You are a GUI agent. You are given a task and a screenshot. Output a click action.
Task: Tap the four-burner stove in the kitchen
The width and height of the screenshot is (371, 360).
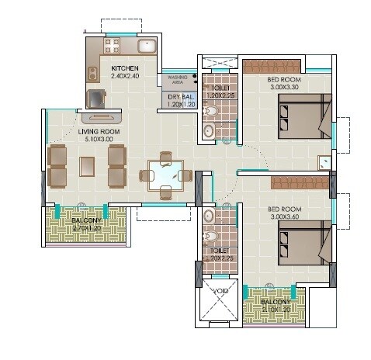click(94, 75)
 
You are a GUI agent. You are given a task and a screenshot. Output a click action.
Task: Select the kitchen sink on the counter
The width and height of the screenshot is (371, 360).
click(144, 46)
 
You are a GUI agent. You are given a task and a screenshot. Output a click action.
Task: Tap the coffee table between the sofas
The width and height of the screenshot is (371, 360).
click(87, 167)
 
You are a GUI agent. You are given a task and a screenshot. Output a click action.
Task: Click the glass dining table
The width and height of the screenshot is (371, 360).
click(164, 174)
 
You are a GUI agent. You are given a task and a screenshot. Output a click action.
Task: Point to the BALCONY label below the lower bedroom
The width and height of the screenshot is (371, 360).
click(276, 303)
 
